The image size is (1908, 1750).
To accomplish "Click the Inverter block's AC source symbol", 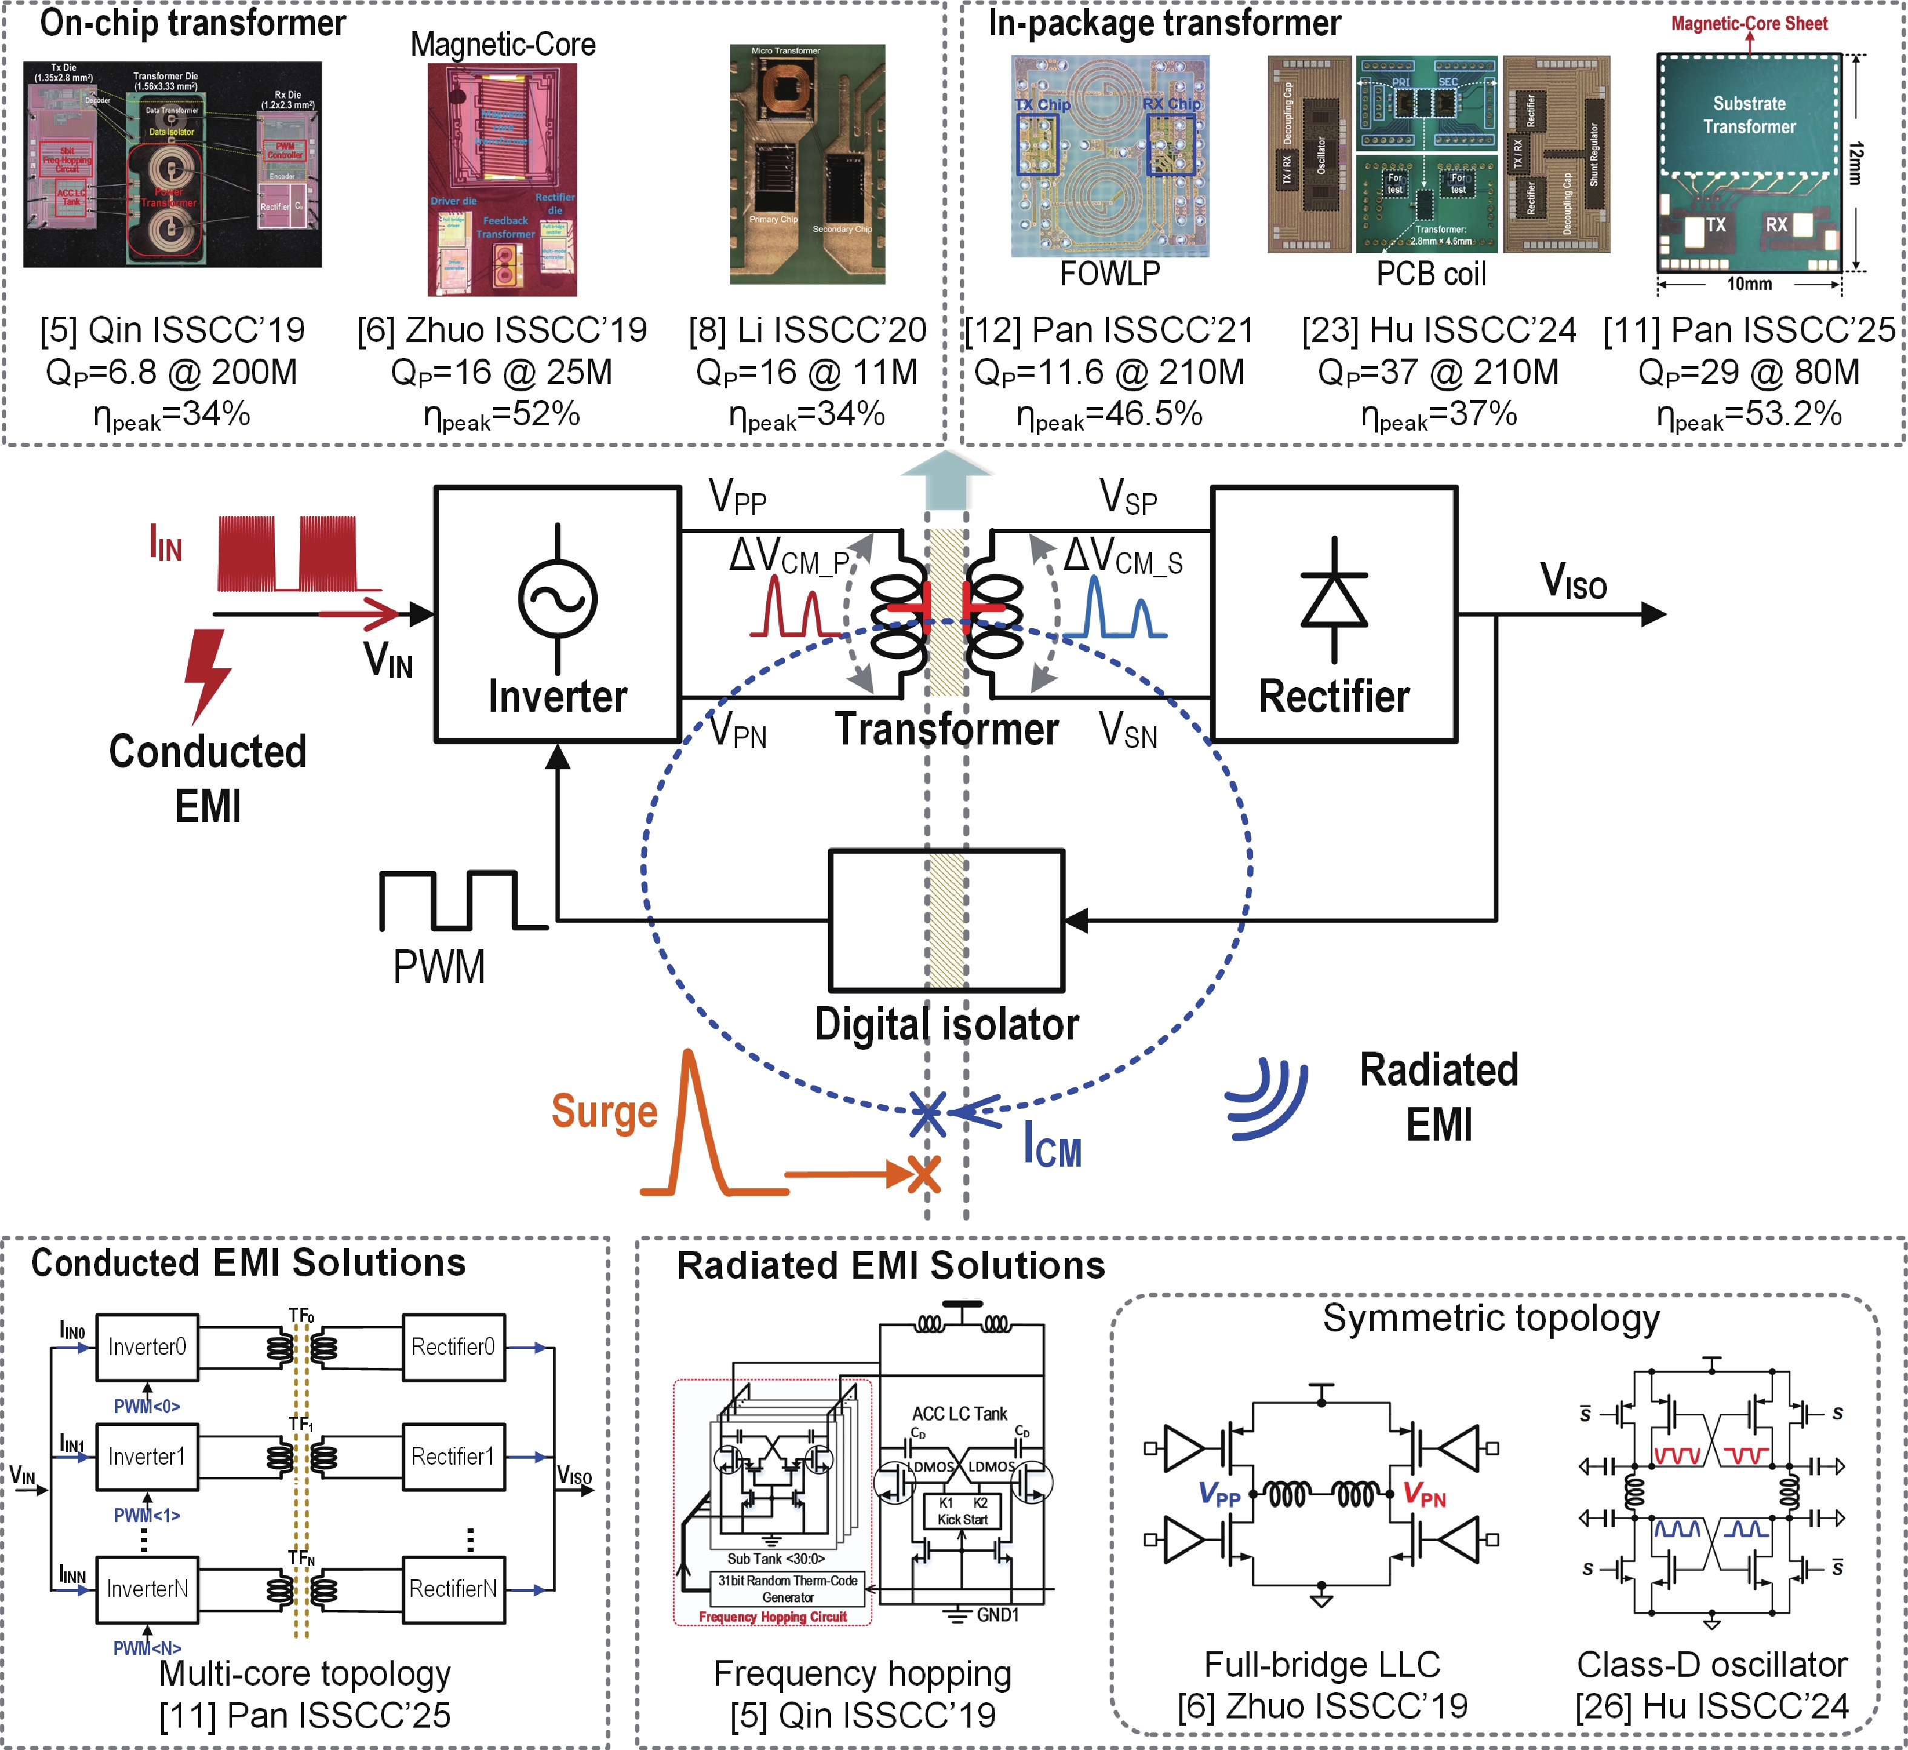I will click(558, 598).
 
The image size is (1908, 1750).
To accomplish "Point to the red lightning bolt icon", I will click(207, 674).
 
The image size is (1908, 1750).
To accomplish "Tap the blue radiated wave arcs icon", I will click(1269, 1098).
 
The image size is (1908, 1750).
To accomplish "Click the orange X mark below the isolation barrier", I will click(923, 1175).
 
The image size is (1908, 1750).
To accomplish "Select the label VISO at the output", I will click(1573, 580).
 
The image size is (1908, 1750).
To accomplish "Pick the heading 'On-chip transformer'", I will click(193, 23).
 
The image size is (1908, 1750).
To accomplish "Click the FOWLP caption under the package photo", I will click(1109, 274).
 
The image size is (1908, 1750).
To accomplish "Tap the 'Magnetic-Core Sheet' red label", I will click(1749, 23).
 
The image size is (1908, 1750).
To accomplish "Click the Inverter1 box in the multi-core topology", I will click(147, 1456).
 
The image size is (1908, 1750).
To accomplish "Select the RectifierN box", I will click(452, 1588).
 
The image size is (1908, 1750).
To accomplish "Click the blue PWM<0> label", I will click(147, 1407).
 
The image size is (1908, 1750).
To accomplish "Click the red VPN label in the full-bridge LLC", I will click(1425, 1495).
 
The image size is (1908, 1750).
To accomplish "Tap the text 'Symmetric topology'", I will click(1491, 1318).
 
